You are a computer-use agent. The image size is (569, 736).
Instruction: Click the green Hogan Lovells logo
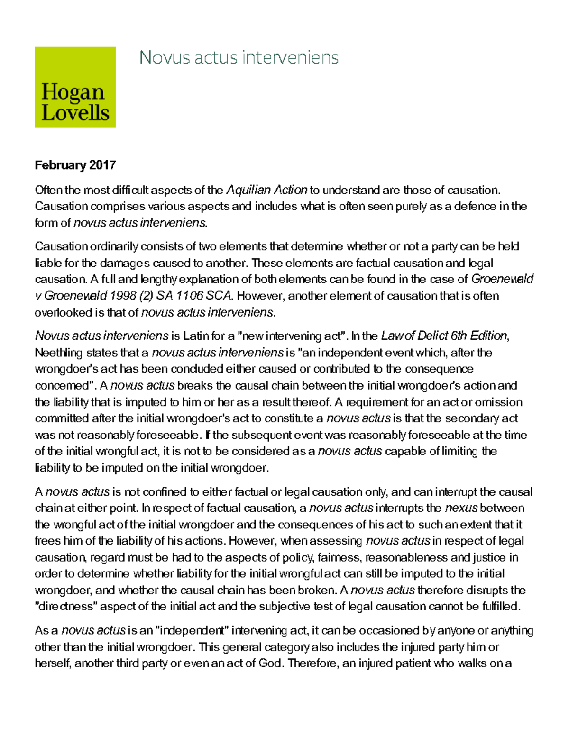(75, 87)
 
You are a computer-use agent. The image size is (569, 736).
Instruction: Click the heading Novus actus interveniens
(239, 58)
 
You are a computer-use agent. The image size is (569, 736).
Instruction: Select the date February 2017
(75, 165)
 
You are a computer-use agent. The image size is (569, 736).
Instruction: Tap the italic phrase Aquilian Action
(267, 190)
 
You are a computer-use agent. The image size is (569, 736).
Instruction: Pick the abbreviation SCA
(221, 296)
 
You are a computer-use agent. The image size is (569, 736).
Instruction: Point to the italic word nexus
(461, 508)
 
